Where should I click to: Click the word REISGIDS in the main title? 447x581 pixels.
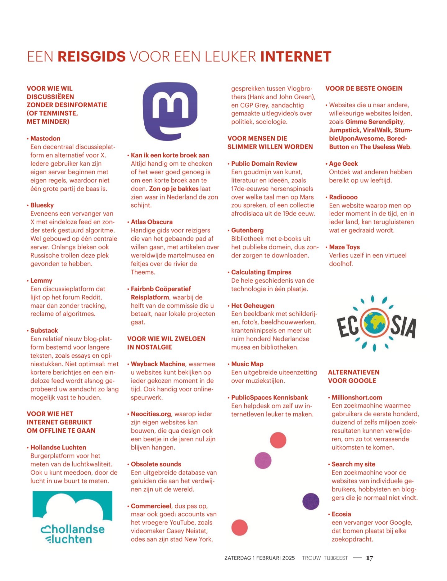point(92,57)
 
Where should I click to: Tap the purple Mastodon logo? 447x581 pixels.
point(170,111)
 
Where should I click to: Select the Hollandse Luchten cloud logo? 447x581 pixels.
point(72,517)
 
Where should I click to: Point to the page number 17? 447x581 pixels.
point(369,558)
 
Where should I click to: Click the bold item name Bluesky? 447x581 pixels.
point(42,205)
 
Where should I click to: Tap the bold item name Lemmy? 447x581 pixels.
point(41,280)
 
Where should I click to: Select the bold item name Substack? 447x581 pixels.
point(44,330)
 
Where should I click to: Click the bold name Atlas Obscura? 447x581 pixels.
point(151,222)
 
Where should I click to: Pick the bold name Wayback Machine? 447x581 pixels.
point(158,364)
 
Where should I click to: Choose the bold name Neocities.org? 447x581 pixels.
point(151,414)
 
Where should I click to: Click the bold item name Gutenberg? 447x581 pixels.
point(247,230)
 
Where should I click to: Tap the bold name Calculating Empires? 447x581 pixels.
point(261,272)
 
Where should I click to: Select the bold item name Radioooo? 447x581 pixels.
point(343,197)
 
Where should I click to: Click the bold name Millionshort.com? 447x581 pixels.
point(357,397)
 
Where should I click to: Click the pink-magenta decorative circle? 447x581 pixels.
point(263,460)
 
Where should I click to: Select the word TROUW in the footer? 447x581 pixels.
point(311,558)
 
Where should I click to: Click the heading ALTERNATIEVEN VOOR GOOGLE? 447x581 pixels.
point(354,376)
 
